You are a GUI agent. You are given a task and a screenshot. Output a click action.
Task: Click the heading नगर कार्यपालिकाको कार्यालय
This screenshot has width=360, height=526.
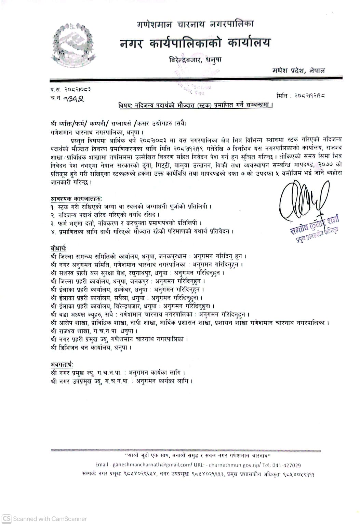(195, 43)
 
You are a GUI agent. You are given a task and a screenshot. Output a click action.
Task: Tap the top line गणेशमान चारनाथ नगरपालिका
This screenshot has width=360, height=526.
(195, 24)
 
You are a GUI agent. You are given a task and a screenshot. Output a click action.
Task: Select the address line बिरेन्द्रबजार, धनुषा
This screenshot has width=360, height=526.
(195, 60)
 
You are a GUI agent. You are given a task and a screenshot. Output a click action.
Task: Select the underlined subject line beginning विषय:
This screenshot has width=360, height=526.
(195, 106)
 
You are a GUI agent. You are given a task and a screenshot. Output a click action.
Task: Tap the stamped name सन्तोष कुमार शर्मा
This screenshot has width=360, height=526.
(314, 225)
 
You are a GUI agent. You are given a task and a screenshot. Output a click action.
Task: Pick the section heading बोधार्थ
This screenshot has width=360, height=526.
(58, 248)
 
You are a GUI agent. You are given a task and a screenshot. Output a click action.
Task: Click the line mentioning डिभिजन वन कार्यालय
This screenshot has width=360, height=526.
(91, 348)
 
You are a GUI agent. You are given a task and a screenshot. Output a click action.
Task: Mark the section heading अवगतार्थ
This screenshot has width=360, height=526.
(62, 365)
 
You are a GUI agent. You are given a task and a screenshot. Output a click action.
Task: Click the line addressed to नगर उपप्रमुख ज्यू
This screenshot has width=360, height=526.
(121, 381)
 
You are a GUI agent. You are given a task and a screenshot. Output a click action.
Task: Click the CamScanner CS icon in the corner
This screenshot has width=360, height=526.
(6, 518)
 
